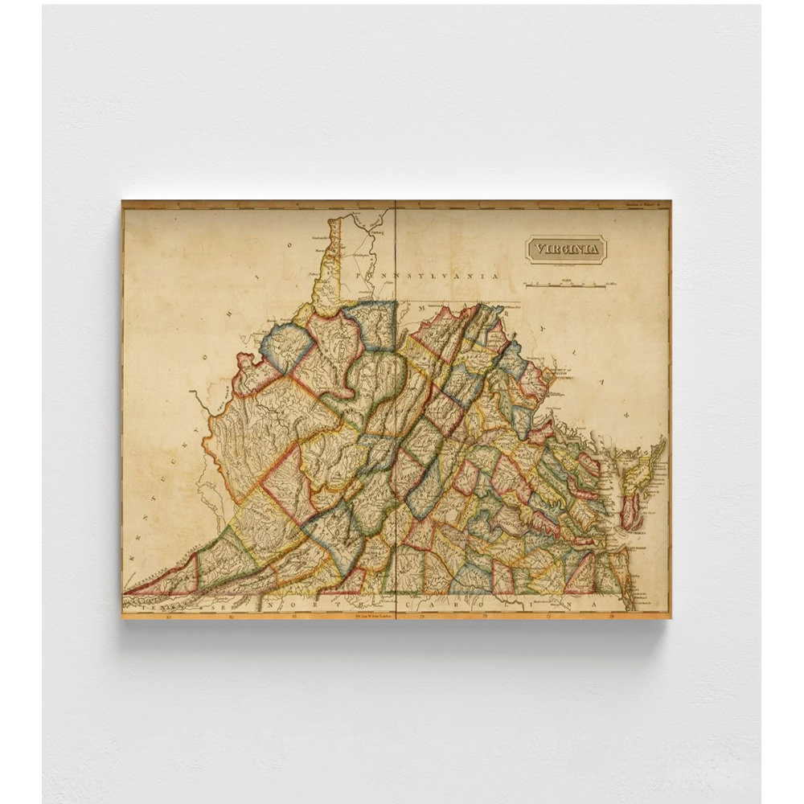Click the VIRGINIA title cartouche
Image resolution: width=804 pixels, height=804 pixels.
[x=566, y=249]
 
